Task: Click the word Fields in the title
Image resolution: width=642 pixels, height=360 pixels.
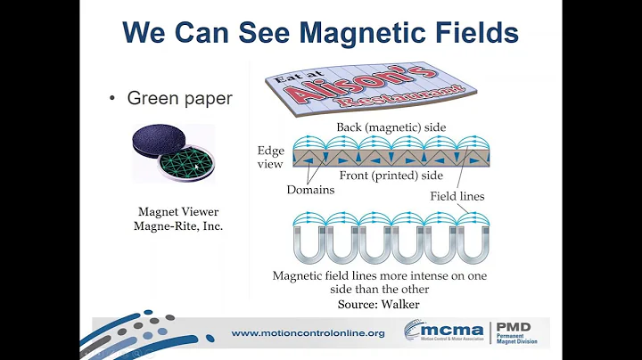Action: [477, 32]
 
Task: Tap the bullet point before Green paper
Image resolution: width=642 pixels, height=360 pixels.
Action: [112, 99]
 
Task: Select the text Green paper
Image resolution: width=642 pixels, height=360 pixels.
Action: [179, 98]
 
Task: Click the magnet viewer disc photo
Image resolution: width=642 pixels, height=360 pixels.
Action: [174, 152]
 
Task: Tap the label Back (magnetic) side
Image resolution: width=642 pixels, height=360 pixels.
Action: [391, 127]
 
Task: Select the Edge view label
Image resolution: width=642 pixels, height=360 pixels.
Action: [270, 157]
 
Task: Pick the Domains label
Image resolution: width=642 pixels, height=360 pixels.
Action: [310, 190]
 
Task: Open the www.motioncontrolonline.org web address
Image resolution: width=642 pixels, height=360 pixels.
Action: [308, 333]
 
